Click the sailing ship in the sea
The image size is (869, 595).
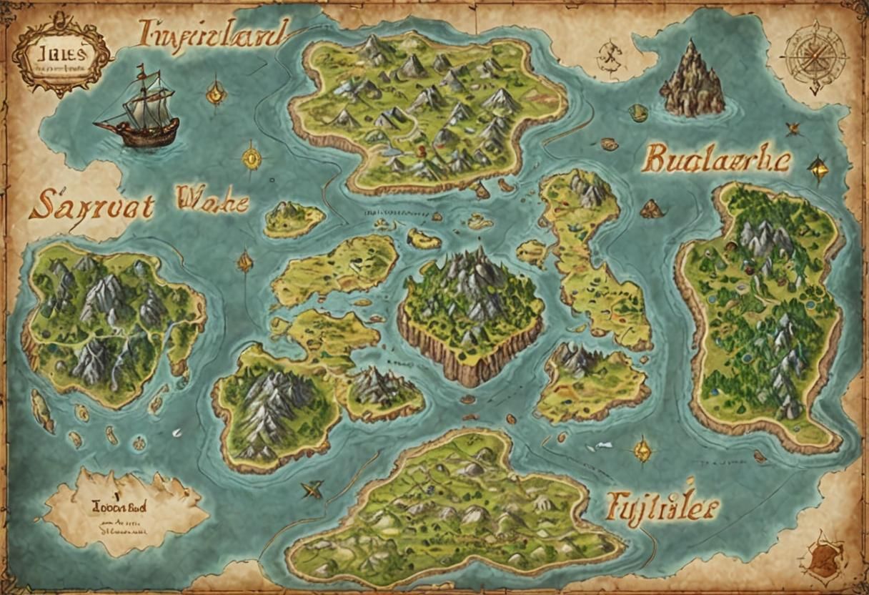click(137, 112)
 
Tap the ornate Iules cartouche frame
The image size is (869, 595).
click(62, 56)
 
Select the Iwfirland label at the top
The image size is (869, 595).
click(213, 34)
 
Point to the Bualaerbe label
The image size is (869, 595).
click(715, 159)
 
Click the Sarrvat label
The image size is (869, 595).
click(91, 205)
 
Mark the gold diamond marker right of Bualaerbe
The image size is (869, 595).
click(818, 169)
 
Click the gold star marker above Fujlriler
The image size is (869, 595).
click(642, 449)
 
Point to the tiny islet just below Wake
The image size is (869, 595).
click(294, 218)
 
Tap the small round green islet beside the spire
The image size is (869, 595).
click(638, 112)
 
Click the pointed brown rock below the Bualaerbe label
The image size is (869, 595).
click(651, 209)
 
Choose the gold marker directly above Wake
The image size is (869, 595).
click(251, 157)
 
